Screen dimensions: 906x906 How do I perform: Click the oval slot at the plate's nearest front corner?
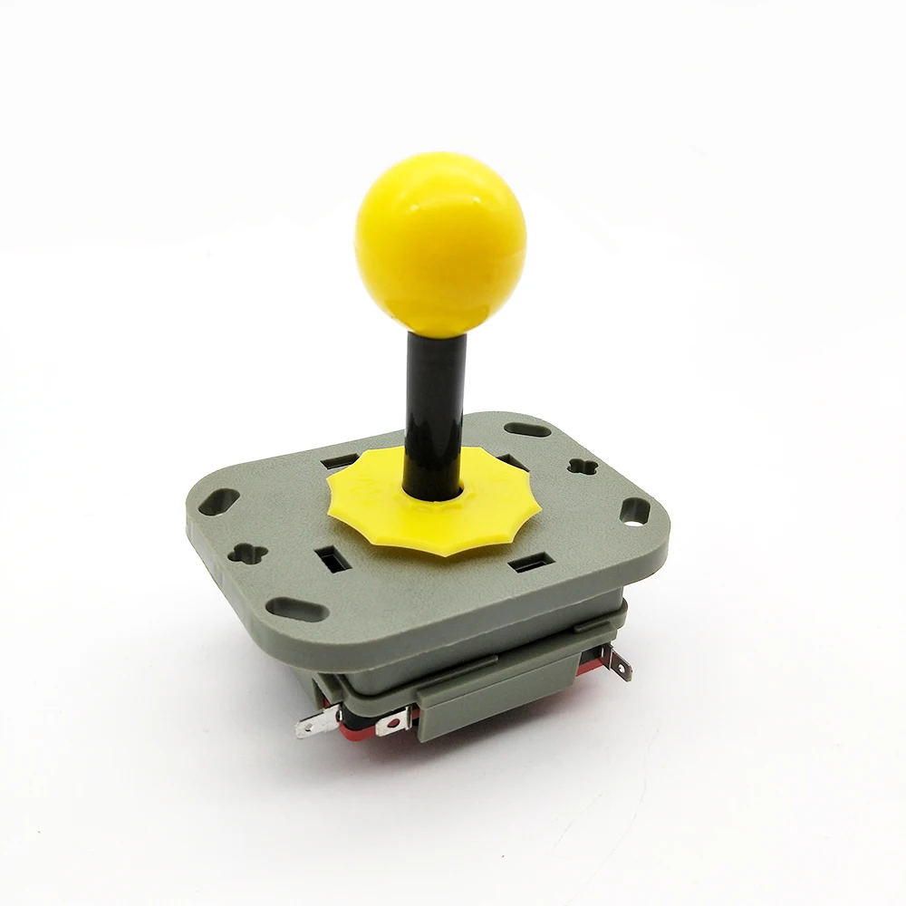coord(299,611)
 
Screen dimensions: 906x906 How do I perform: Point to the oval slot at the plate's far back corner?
coord(527,429)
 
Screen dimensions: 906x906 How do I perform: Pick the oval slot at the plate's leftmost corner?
coord(219,504)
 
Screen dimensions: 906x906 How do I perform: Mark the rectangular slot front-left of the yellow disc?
coord(331,558)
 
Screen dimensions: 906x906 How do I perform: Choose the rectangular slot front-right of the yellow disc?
coord(525,566)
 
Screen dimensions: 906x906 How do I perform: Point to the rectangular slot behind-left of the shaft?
coord(340,463)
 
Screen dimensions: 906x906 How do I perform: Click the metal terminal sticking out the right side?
coord(618,667)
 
